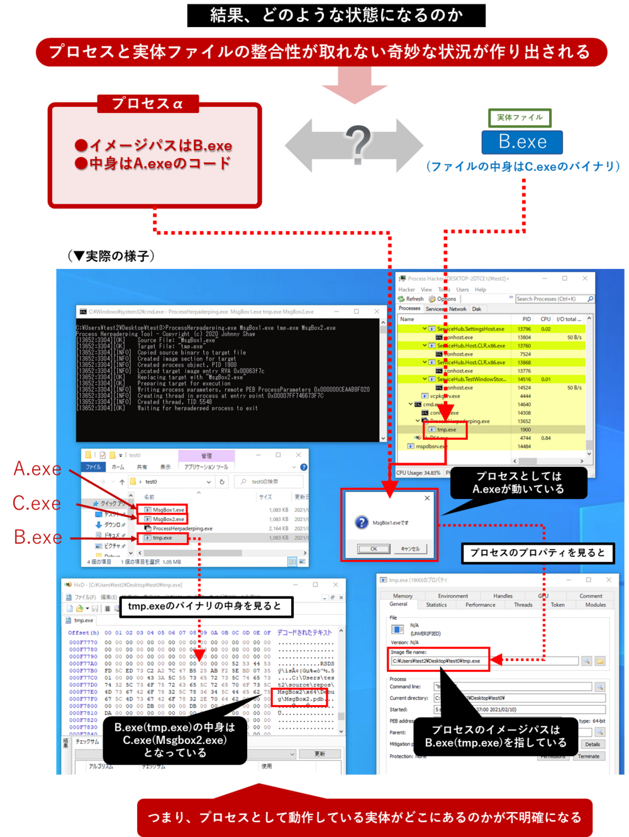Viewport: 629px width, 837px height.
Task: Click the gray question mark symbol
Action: (x=358, y=146)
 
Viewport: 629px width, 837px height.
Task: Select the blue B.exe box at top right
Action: (x=522, y=142)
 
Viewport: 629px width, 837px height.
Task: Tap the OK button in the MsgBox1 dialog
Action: (x=373, y=549)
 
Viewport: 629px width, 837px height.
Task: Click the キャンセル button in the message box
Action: (x=410, y=549)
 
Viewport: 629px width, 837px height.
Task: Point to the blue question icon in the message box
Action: (x=362, y=522)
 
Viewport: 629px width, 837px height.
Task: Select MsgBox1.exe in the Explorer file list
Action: (x=168, y=510)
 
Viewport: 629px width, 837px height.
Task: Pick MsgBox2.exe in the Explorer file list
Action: (x=168, y=519)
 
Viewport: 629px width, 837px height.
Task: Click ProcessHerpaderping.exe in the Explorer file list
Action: (x=182, y=528)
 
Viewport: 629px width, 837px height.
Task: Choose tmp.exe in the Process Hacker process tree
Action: (x=447, y=430)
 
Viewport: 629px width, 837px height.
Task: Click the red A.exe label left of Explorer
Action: (x=37, y=469)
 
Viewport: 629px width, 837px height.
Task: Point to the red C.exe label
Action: (x=36, y=503)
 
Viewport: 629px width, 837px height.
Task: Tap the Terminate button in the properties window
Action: (x=589, y=757)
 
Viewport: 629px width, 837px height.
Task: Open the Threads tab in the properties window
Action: (x=523, y=604)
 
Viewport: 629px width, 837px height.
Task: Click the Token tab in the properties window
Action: (x=557, y=604)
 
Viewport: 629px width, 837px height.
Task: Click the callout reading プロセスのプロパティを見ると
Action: (x=537, y=553)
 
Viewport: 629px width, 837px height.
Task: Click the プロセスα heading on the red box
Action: (x=147, y=104)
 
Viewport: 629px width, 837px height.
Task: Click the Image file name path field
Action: (x=484, y=661)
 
